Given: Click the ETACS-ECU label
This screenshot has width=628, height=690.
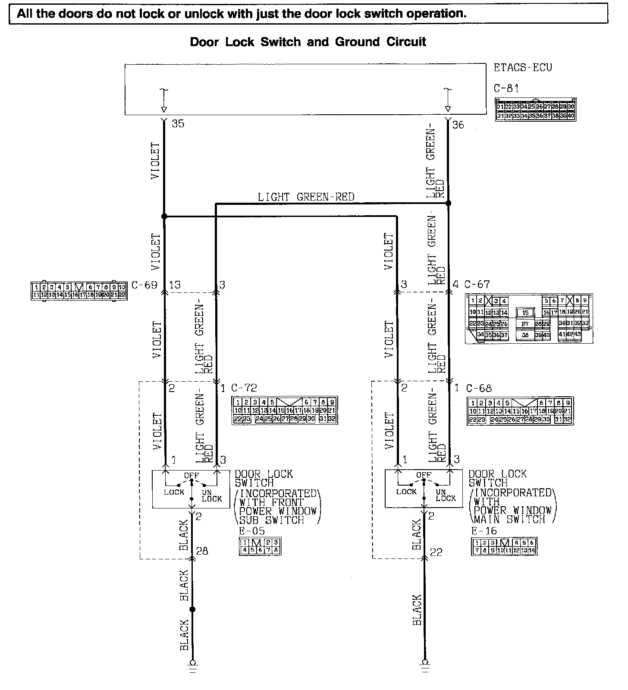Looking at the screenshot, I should (x=522, y=68).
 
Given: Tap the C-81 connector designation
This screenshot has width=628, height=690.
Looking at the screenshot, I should (x=506, y=88).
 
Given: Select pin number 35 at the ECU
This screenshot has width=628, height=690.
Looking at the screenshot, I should (x=178, y=124).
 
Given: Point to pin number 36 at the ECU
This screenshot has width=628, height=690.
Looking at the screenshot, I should (x=458, y=125).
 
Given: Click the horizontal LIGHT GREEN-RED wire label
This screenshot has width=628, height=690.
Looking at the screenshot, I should (x=306, y=197).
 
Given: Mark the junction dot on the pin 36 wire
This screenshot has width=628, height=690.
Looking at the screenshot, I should (x=448, y=203).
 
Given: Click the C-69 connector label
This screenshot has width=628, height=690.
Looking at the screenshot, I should (x=144, y=285).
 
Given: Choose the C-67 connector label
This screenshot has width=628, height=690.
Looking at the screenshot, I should (x=477, y=284).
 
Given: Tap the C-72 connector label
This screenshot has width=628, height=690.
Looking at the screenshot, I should (x=244, y=388).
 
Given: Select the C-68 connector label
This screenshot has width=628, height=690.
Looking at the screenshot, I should (x=479, y=388).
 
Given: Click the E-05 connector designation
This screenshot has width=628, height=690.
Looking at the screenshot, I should (x=252, y=531).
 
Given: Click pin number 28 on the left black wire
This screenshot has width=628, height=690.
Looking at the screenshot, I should (x=202, y=551).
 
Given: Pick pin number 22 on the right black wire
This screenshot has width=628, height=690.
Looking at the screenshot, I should (x=436, y=552).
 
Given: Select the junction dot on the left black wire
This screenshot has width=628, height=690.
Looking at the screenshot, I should (x=192, y=609).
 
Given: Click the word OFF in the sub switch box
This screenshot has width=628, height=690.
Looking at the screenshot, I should (x=192, y=476).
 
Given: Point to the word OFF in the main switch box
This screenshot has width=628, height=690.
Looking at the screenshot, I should (x=424, y=475).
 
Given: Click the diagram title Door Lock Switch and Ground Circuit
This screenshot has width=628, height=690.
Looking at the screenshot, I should (x=308, y=42).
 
